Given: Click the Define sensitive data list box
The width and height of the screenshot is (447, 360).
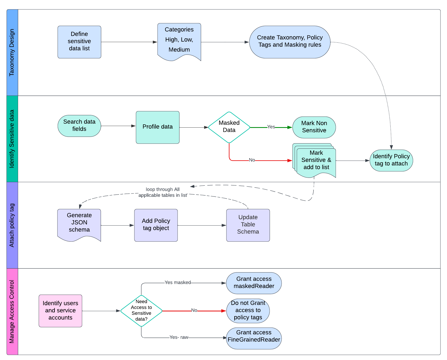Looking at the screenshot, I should pyautogui.click(x=79, y=42).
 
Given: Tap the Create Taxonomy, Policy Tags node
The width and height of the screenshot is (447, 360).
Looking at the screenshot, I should pyautogui.click(x=290, y=42).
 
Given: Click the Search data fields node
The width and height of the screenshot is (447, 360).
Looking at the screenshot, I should pyautogui.click(x=79, y=125).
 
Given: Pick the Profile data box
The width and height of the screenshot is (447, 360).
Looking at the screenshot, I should pyautogui.click(x=157, y=127).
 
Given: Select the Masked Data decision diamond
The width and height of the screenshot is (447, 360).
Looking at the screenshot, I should pyautogui.click(x=229, y=127).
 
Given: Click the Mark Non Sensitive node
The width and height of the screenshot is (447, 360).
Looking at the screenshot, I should pyautogui.click(x=314, y=127).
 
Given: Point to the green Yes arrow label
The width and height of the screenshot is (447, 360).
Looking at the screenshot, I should pyautogui.click(x=271, y=127).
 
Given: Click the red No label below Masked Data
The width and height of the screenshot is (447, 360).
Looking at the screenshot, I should pyautogui.click(x=252, y=160).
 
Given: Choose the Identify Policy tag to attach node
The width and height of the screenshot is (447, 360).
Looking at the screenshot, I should pyautogui.click(x=391, y=160).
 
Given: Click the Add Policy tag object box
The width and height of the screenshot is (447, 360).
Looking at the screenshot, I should pyautogui.click(x=156, y=225).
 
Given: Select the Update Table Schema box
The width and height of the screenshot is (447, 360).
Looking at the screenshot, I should pyautogui.click(x=248, y=225).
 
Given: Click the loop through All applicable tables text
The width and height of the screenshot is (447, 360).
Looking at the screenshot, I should pyautogui.click(x=162, y=192).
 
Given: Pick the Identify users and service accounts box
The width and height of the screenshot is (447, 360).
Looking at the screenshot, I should pyautogui.click(x=60, y=311).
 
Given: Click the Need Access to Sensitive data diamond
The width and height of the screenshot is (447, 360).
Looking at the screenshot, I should pyautogui.click(x=141, y=311).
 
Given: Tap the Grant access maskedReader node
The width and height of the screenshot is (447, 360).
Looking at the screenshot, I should pyautogui.click(x=254, y=283).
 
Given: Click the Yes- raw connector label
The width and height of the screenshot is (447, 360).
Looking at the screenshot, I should pyautogui.click(x=179, y=337).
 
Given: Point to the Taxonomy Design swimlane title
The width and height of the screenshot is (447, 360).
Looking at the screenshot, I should pyautogui.click(x=12, y=52).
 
